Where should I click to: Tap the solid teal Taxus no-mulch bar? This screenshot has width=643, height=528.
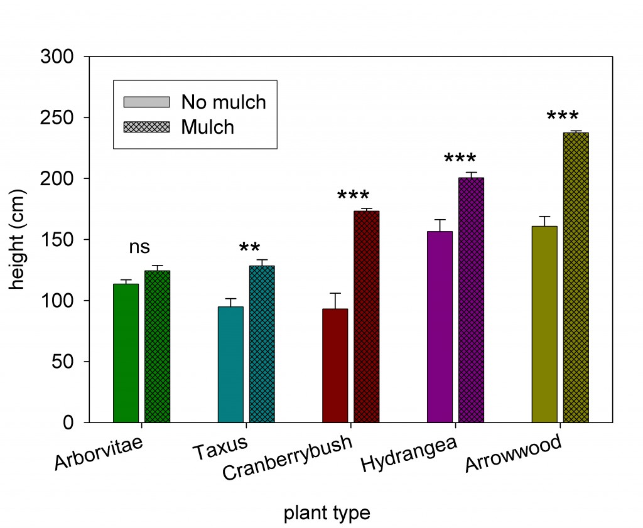(230, 364)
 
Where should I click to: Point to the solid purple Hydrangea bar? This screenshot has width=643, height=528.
(440, 326)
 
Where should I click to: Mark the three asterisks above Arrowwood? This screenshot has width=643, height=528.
(563, 117)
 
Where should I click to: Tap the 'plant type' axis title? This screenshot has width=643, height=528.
(327, 514)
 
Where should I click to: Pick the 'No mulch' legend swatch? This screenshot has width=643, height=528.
(147, 102)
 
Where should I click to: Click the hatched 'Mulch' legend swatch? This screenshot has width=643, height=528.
(147, 127)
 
